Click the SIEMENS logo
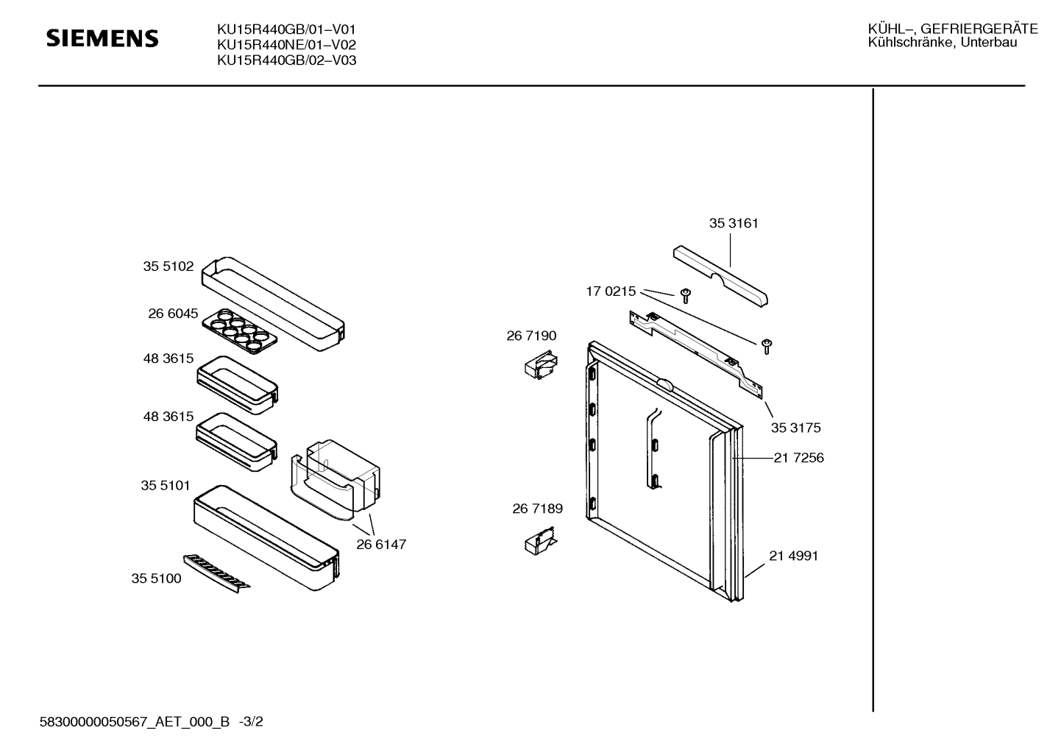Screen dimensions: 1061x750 [102, 38]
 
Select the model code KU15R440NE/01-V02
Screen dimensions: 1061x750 [286, 45]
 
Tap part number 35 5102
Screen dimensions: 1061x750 [168, 266]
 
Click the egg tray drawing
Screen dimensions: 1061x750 [240, 331]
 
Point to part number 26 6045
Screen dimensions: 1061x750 [173, 314]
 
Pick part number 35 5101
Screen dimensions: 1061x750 [166, 486]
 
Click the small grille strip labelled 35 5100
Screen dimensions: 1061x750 [216, 573]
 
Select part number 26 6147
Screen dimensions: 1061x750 [381, 545]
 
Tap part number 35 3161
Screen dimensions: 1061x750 [734, 223]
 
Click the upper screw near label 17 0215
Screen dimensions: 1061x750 [686, 296]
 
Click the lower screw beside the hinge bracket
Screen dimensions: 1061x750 [767, 347]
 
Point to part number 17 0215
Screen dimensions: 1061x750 [611, 291]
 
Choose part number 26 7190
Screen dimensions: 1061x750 [531, 336]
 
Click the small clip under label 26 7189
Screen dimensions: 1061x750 [541, 540]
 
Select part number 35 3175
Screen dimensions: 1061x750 [796, 428]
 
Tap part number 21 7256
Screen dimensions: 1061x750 [799, 458]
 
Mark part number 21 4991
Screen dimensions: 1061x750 [794, 556]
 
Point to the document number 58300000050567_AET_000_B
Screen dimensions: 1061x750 [135, 721]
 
